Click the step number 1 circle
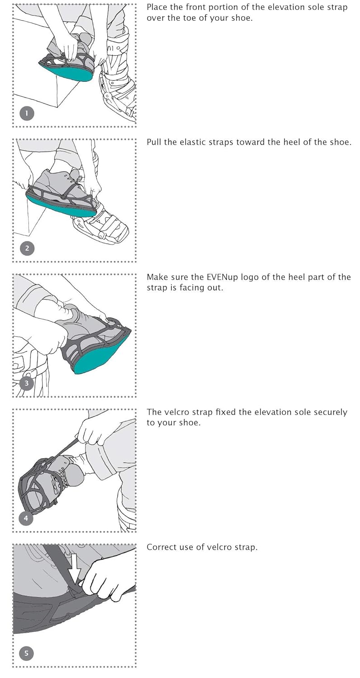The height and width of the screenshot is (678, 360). (x=27, y=113)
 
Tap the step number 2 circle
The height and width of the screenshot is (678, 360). (x=27, y=248)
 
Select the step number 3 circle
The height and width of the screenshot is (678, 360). (x=27, y=383)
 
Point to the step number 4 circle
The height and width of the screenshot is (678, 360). (x=26, y=518)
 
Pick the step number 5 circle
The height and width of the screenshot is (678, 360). (x=27, y=653)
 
